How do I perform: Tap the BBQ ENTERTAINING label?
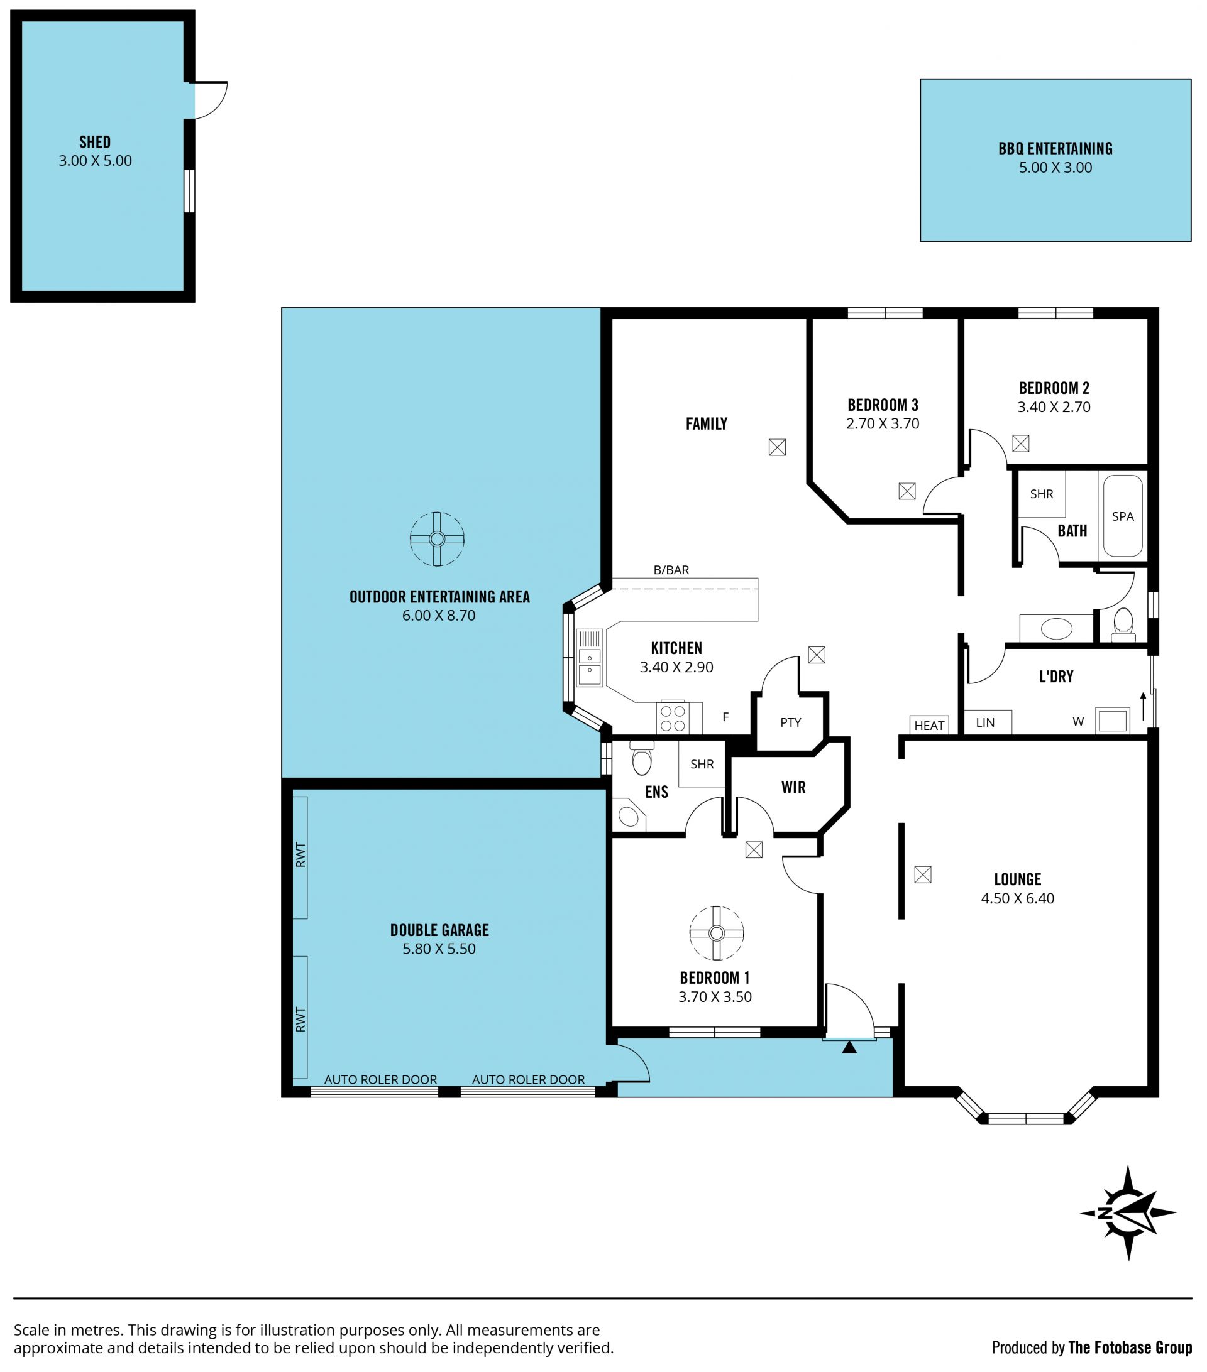1055,149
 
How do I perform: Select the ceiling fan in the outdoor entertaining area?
438,539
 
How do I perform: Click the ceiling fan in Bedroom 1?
717,934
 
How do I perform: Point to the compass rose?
1128,1213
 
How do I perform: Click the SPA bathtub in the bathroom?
1123,516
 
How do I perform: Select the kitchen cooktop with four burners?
673,717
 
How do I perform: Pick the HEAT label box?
930,725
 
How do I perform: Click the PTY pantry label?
791,722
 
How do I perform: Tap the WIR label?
793,787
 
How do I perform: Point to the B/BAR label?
671,570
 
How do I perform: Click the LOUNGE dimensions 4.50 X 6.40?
1018,898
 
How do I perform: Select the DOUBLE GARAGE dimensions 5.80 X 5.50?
439,949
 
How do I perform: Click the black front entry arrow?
849,1047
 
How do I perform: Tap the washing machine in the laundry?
1112,721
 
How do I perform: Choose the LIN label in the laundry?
985,722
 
